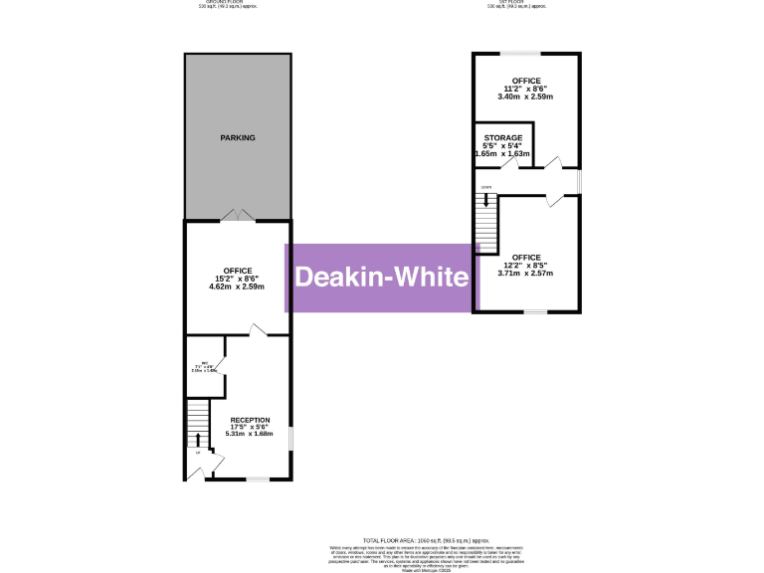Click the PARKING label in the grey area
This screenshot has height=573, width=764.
(238, 138)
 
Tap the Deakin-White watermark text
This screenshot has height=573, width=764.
(381, 278)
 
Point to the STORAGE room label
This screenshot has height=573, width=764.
(503, 138)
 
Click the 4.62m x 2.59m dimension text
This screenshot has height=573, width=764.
(238, 287)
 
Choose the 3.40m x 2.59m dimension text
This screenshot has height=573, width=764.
(526, 97)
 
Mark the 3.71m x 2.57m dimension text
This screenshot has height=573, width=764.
(526, 274)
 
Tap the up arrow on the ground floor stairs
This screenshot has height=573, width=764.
(197, 440)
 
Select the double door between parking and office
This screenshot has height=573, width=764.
(237, 215)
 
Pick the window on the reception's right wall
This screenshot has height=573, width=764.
(289, 439)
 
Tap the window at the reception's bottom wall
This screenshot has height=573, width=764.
(257, 479)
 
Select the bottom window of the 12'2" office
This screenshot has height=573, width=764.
(535, 311)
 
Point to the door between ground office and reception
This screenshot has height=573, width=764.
(257, 330)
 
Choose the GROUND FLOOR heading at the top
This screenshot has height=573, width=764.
(221, 2)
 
